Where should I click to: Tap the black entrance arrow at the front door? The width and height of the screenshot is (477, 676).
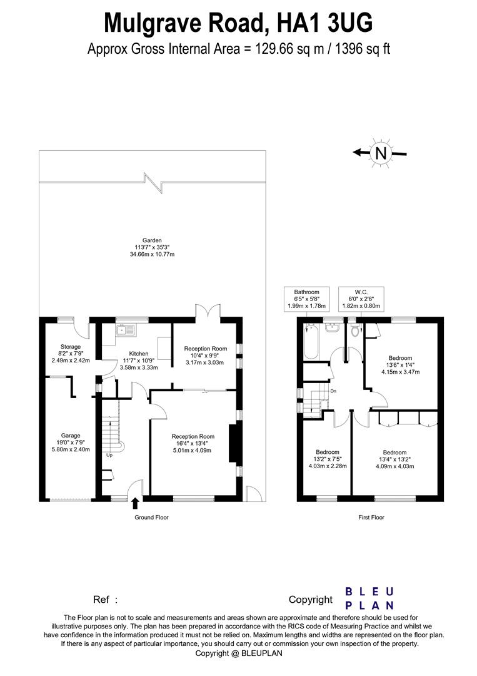pos(135,502)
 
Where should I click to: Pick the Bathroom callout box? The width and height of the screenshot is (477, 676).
pos(307,299)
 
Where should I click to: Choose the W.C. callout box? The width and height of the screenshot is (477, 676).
pos(361,299)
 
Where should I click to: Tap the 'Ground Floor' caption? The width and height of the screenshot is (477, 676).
pos(151,518)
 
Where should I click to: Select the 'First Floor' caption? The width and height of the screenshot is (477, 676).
pos(371,518)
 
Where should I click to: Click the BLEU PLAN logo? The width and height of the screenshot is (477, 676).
pos(369,598)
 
